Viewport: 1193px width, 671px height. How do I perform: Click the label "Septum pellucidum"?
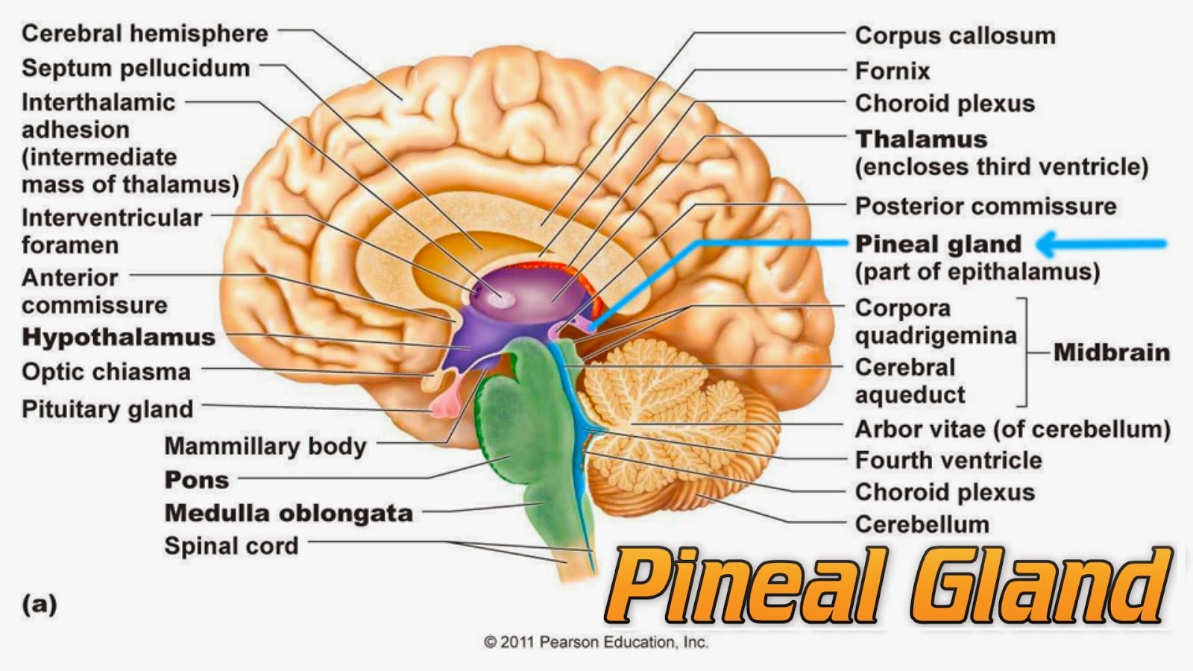[x=136, y=68]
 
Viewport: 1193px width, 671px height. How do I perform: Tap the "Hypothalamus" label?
[x=119, y=337]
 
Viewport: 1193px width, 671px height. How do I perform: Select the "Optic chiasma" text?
[x=106, y=371]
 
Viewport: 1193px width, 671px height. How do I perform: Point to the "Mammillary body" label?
[x=265, y=446]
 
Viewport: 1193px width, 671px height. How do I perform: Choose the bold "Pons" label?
[x=197, y=479]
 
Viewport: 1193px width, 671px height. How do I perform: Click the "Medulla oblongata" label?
[x=289, y=513]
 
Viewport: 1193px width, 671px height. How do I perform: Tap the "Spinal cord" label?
[x=231, y=546]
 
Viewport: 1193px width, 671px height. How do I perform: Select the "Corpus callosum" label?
[x=955, y=35]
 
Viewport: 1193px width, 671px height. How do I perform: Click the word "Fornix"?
[x=893, y=71]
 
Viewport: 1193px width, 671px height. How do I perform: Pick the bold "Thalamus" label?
[x=922, y=139]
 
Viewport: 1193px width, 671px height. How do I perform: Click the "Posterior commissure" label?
[x=986, y=206]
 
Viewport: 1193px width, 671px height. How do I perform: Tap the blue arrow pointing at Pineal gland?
[x=1102, y=243]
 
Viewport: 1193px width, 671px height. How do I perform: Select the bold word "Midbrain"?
[x=1111, y=352]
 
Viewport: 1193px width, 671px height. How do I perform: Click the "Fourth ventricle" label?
[x=948, y=460]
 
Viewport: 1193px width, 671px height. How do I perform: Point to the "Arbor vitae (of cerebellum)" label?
[x=1013, y=429]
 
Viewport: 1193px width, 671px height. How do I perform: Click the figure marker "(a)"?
[x=40, y=603]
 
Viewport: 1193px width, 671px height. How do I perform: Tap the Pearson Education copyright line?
[x=596, y=642]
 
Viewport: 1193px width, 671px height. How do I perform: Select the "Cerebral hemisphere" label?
[x=145, y=34]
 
